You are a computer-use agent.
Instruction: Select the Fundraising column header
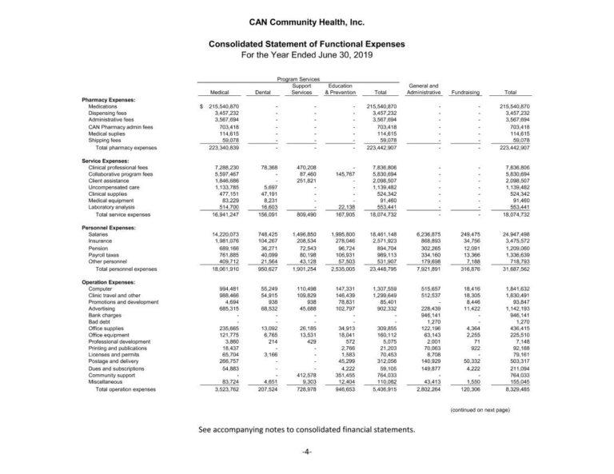465,92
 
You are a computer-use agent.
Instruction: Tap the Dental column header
262,92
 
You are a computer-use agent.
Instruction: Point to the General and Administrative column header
423,89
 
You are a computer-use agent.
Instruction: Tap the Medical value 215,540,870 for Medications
222,106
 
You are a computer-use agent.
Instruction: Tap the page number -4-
306,452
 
